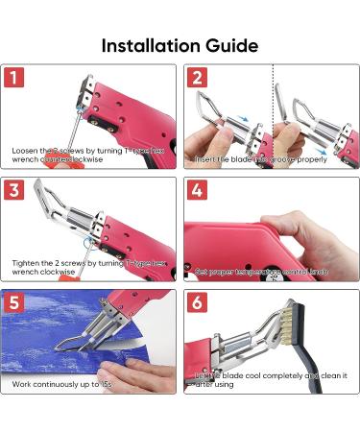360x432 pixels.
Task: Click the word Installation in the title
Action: [148, 45]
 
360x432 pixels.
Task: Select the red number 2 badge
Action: [196, 79]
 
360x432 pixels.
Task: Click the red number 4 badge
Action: [196, 190]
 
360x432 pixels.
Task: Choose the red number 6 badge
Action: [196, 303]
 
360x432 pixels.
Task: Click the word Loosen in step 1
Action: [25, 151]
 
